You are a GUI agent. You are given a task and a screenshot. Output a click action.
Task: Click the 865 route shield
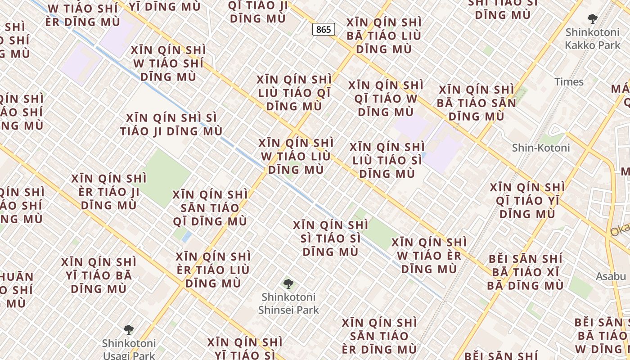[323, 30]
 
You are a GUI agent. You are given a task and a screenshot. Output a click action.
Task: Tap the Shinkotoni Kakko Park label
[592, 39]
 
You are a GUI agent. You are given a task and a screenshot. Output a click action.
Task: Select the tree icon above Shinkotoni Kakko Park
[593, 19]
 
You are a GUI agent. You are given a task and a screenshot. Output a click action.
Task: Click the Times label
[569, 82]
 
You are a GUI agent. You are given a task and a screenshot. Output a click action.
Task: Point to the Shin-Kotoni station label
[541, 148]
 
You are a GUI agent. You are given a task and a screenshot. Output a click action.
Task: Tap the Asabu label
[611, 276]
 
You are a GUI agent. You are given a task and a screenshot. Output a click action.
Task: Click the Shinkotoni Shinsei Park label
[288, 303]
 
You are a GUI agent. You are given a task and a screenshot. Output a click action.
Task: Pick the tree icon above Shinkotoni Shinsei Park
[288, 284]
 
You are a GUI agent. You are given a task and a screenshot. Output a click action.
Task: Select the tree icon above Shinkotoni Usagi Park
[129, 330]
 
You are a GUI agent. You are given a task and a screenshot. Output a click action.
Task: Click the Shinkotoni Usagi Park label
[129, 349]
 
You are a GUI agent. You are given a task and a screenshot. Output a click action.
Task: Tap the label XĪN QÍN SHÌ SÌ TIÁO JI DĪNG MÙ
[171, 125]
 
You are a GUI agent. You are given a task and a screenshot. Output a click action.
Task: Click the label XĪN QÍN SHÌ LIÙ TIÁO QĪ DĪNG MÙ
[294, 93]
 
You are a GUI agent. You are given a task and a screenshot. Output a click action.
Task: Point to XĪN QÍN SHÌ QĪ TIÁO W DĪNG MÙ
[386, 98]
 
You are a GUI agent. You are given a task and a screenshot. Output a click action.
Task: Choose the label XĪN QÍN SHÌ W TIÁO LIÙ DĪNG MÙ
[296, 156]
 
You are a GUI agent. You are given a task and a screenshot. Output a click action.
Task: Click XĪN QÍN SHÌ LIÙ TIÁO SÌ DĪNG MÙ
[387, 160]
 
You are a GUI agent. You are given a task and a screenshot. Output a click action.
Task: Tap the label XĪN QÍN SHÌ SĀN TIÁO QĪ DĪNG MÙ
[210, 208]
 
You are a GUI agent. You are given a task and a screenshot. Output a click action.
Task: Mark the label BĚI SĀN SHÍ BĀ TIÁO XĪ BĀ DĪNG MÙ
[525, 272]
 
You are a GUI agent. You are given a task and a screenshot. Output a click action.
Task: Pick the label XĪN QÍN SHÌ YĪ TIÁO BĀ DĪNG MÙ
[99, 275]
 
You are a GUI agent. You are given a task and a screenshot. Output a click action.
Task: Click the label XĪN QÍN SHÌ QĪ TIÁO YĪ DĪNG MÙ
[527, 200]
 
